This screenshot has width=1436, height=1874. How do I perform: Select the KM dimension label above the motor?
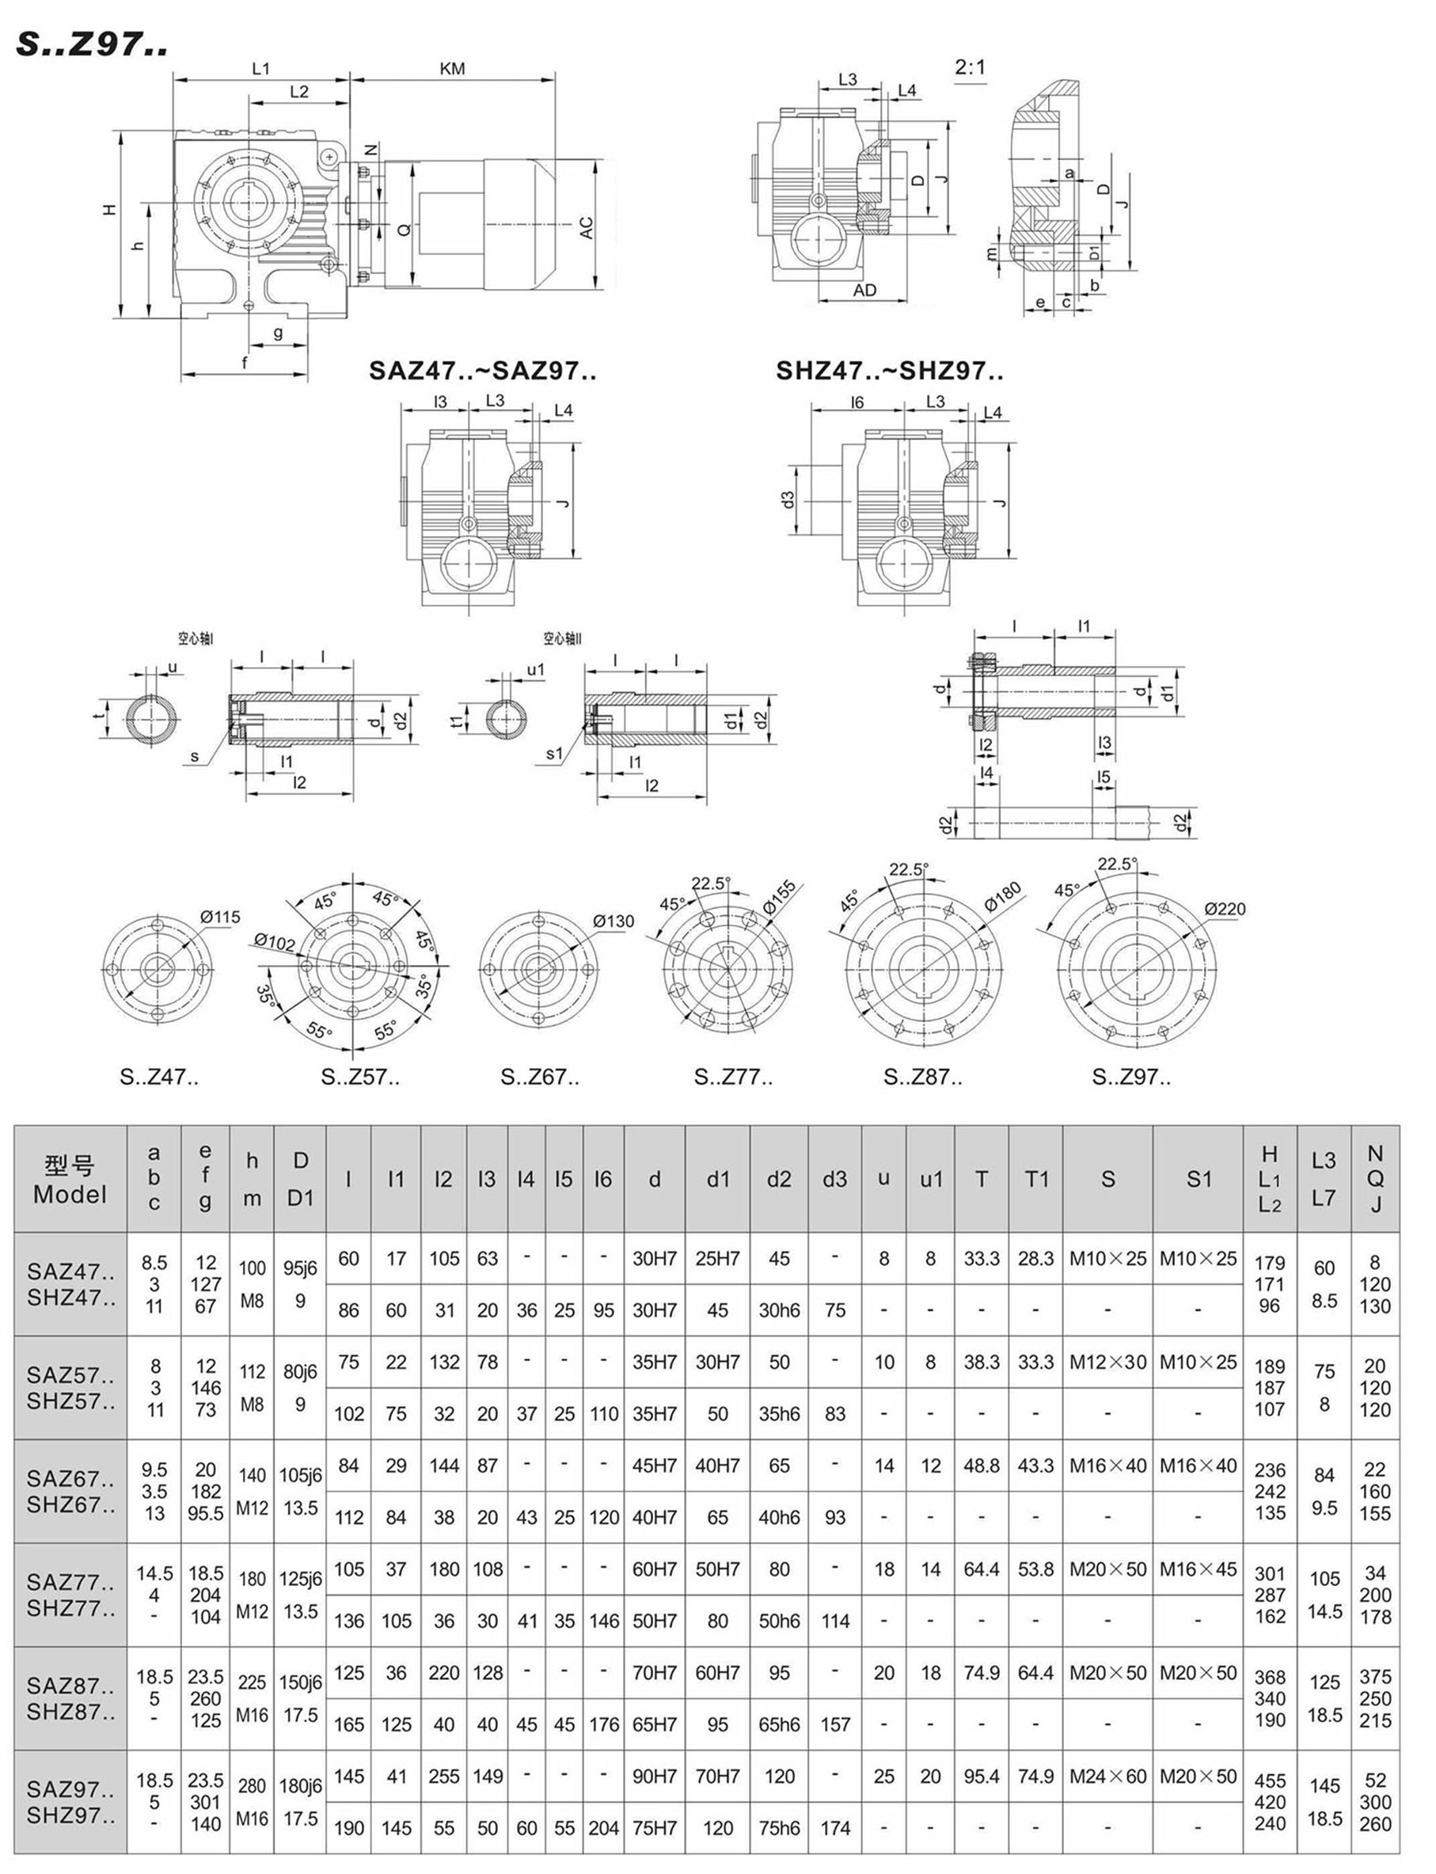[x=452, y=68]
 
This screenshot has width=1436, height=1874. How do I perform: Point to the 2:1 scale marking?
[x=971, y=67]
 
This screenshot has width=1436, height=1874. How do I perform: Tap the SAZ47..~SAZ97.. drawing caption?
[x=482, y=371]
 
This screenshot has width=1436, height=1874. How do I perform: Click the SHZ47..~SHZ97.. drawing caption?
[x=889, y=371]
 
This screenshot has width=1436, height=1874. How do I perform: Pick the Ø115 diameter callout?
[x=221, y=918]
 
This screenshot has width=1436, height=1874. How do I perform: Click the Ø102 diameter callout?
[x=275, y=941]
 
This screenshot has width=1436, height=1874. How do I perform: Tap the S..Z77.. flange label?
[x=732, y=1078]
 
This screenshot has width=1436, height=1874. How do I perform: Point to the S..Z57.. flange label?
[x=360, y=1078]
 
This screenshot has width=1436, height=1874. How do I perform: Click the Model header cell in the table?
[x=70, y=1180]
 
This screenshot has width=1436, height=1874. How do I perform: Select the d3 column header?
[x=834, y=1180]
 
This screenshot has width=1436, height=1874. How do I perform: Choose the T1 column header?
[x=1036, y=1180]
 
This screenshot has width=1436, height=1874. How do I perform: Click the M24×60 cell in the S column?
[x=1107, y=1776]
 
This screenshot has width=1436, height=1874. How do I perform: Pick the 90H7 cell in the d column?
[x=654, y=1776]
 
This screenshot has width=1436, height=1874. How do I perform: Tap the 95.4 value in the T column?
[x=982, y=1776]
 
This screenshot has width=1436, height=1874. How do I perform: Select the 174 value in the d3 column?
[x=834, y=1828]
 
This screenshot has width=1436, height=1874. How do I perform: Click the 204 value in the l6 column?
[x=603, y=1828]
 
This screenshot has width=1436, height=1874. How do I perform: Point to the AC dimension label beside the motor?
[x=587, y=227]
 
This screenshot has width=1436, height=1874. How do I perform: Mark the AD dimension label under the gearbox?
[x=864, y=290]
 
